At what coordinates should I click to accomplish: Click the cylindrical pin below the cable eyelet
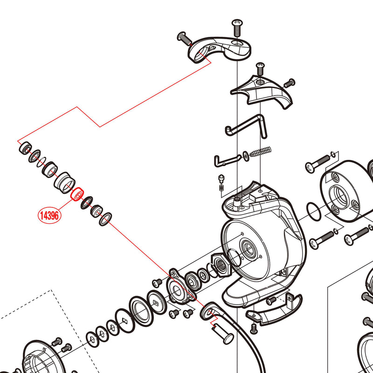click(x=223, y=334)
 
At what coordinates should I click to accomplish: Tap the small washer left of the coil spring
click(x=246, y=155)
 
